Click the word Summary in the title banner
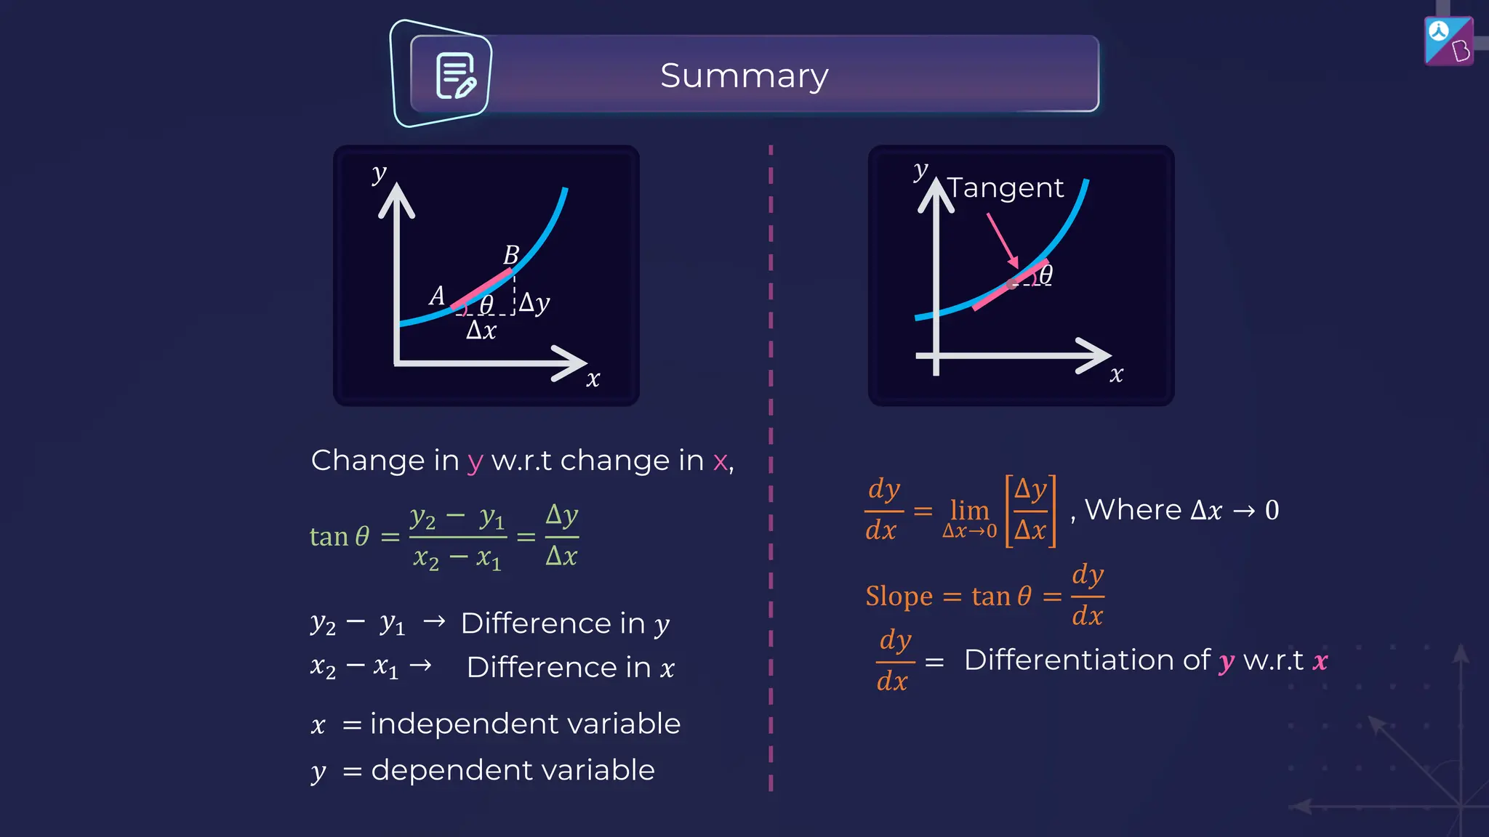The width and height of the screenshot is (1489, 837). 744,76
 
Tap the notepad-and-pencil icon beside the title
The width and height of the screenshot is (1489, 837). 455,76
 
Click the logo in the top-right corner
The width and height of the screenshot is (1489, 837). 1448,41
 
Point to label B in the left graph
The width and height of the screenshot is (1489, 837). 511,255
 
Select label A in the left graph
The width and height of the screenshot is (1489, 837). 436,296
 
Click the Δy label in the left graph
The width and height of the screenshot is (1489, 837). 534,302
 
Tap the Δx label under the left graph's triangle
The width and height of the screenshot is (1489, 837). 481,331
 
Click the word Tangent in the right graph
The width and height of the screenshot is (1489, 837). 1006,188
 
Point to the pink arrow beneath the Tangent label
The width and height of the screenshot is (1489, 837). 1003,240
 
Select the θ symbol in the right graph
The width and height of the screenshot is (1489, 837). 1045,275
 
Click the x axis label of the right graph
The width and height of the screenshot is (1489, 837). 1116,374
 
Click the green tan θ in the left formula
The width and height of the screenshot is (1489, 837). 340,536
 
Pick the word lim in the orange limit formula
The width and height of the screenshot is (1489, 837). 969,510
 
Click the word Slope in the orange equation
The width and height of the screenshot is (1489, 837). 899,596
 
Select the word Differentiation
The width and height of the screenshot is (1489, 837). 1087,660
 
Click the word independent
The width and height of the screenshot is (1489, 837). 452,724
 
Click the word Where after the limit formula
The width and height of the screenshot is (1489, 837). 1133,509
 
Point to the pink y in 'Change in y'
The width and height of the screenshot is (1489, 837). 475,462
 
